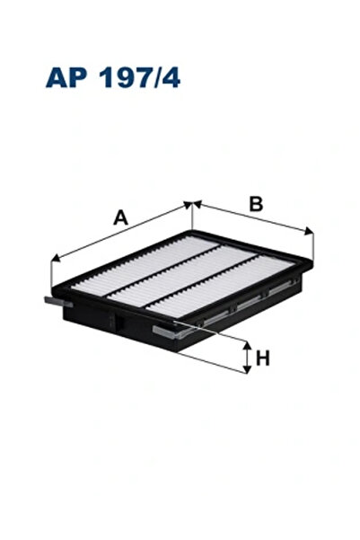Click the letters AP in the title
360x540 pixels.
(66, 77)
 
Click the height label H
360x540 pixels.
(262, 359)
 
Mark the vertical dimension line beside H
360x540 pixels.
(246, 358)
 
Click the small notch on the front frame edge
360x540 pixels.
(113, 319)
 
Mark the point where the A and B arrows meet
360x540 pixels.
(193, 204)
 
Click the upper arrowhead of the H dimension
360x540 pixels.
(246, 344)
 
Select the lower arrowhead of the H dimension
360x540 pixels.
(246, 370)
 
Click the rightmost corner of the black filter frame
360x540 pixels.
(313, 263)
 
